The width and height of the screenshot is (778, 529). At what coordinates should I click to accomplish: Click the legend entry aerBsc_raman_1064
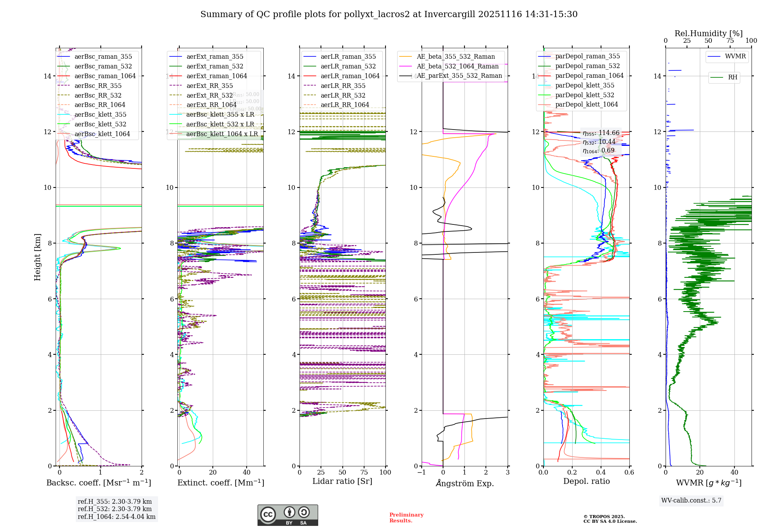tap(105, 76)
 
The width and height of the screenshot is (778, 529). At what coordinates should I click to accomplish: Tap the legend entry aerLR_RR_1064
tap(345, 105)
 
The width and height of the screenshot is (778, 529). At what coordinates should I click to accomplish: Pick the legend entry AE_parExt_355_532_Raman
tap(459, 76)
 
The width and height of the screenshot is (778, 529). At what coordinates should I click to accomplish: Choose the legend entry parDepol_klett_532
tap(584, 95)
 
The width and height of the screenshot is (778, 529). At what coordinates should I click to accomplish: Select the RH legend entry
tap(732, 77)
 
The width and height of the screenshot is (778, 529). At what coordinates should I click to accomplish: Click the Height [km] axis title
tap(37, 257)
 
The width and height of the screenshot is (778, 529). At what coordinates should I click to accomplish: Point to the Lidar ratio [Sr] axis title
tap(342, 481)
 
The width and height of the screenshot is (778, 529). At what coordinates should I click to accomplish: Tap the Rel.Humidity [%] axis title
tap(708, 33)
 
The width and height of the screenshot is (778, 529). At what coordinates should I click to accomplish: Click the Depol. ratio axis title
tap(586, 481)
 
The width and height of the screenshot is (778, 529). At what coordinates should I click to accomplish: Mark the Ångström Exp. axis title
tap(465, 483)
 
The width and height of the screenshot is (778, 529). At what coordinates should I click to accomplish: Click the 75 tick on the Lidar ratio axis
tap(364, 472)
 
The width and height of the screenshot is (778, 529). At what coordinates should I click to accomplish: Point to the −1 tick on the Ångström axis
tap(421, 472)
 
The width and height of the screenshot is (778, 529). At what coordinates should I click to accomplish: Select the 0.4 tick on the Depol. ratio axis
tap(601, 472)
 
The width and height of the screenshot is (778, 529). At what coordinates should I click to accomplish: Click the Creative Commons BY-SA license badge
tap(287, 515)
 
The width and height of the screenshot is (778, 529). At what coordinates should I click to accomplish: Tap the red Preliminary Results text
tap(406, 518)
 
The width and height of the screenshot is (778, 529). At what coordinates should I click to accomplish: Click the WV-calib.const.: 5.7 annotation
tap(691, 501)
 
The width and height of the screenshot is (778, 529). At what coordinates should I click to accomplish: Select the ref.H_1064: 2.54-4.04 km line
tap(116, 517)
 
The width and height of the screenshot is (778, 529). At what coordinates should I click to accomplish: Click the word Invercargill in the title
tap(450, 14)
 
